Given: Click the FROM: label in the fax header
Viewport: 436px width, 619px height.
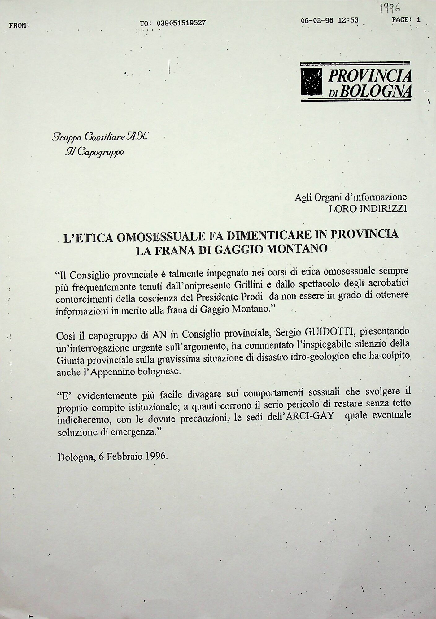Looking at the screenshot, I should pyautogui.click(x=19, y=25).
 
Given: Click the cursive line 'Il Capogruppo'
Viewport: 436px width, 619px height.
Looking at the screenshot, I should pyautogui.click(x=94, y=152).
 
